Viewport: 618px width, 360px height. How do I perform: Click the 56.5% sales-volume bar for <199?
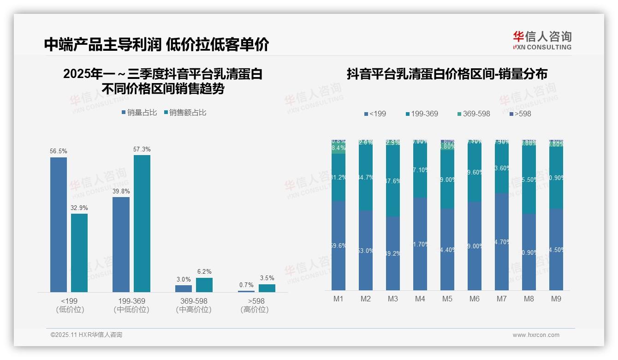pyautogui.click(x=59, y=225)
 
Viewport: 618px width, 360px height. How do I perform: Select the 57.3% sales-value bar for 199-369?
pyautogui.click(x=142, y=223)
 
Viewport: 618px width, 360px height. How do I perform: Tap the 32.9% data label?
pyautogui.click(x=79, y=208)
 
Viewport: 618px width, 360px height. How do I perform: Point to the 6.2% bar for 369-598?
pyautogui.click(x=204, y=285)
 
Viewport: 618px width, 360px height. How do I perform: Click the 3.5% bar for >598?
pyautogui.click(x=267, y=288)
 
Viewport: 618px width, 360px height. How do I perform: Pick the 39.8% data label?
pyautogui.click(x=121, y=191)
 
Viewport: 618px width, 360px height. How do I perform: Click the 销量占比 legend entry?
pyautogui.click(x=139, y=112)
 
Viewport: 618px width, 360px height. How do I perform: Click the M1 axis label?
pyautogui.click(x=339, y=299)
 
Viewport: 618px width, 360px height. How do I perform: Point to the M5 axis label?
pyautogui.click(x=447, y=299)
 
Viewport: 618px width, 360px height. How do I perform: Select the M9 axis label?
pyautogui.click(x=556, y=299)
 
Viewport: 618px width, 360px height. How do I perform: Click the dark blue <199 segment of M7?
pyautogui.click(x=502, y=241)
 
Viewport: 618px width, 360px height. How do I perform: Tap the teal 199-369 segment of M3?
pyautogui.click(x=393, y=181)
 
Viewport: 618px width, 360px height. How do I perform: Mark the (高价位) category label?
pyautogui.click(x=255, y=310)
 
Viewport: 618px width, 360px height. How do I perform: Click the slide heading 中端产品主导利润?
pyautogui.click(x=102, y=44)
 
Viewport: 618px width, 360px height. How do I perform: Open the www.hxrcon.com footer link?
pyautogui.click(x=536, y=335)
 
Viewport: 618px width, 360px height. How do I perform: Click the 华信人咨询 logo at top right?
pyautogui.click(x=542, y=40)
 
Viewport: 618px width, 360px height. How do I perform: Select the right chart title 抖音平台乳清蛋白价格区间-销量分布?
pyautogui.click(x=447, y=74)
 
